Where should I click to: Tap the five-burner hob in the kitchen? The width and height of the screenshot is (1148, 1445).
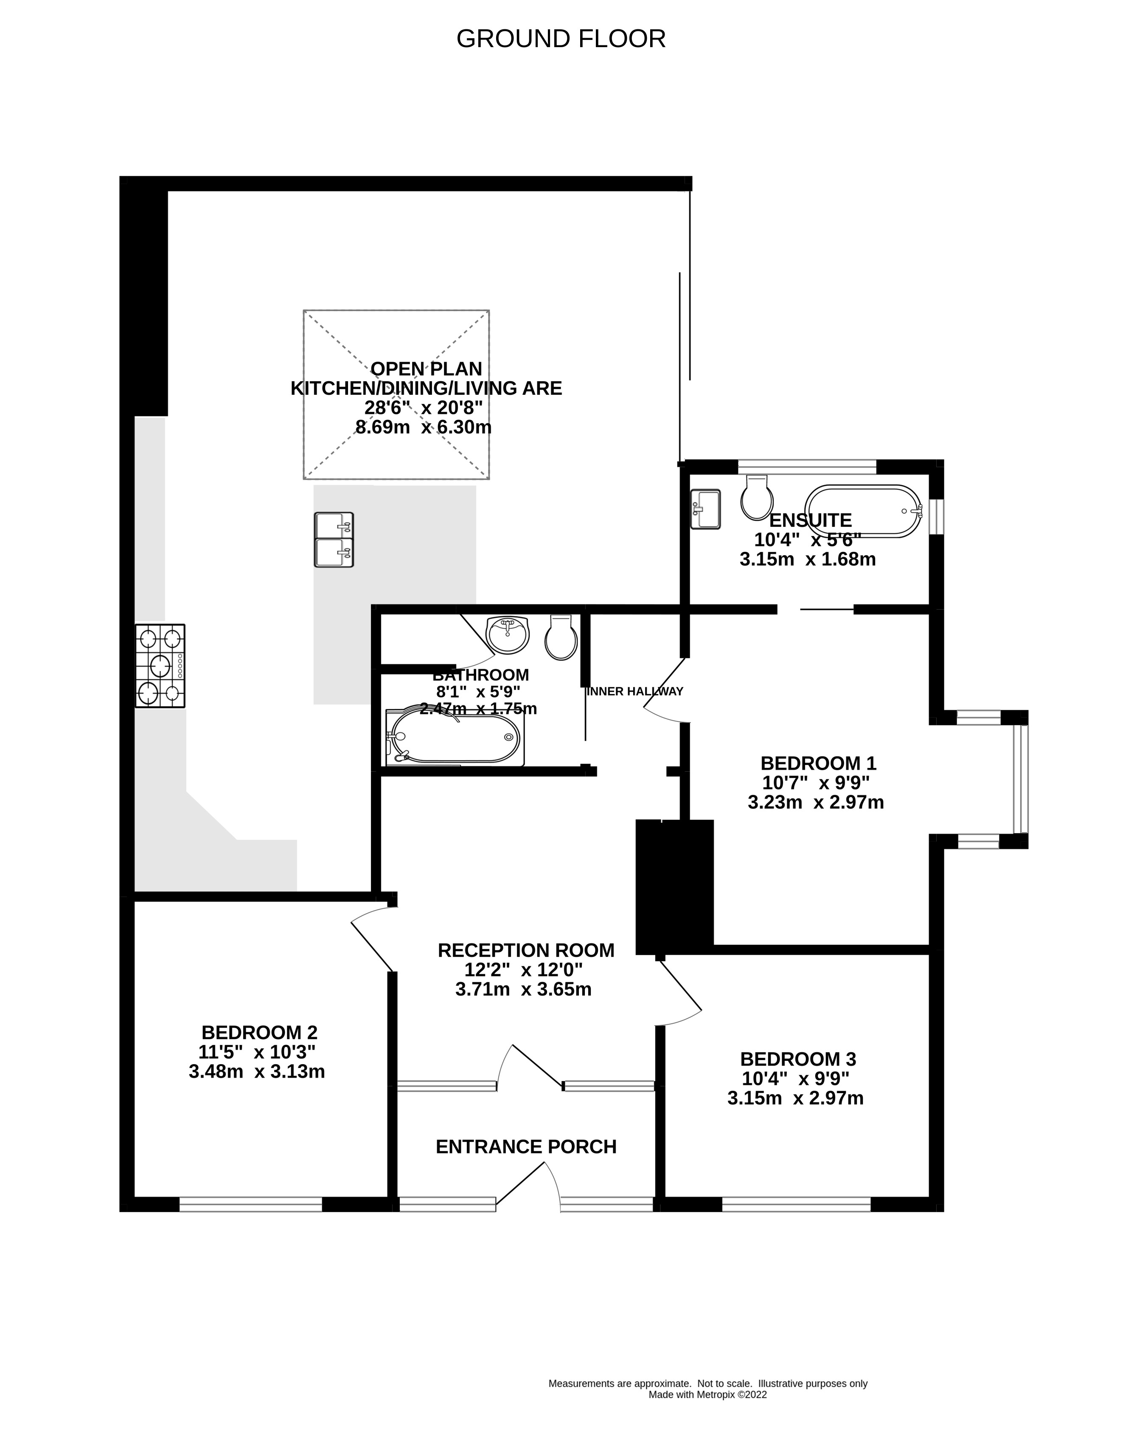pos(160,666)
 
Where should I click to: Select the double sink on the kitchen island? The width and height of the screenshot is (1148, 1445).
pos(333,540)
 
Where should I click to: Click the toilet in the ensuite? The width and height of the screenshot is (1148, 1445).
pos(757,498)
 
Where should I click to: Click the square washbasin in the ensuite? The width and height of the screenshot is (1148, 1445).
pos(705,509)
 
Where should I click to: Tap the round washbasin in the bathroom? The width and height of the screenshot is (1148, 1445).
pos(507,635)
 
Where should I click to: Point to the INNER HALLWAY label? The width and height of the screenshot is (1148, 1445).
pos(634,691)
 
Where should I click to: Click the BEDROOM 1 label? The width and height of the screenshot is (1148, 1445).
pos(818,763)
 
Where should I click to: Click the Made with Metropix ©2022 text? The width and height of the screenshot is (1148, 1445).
pos(707,1395)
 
